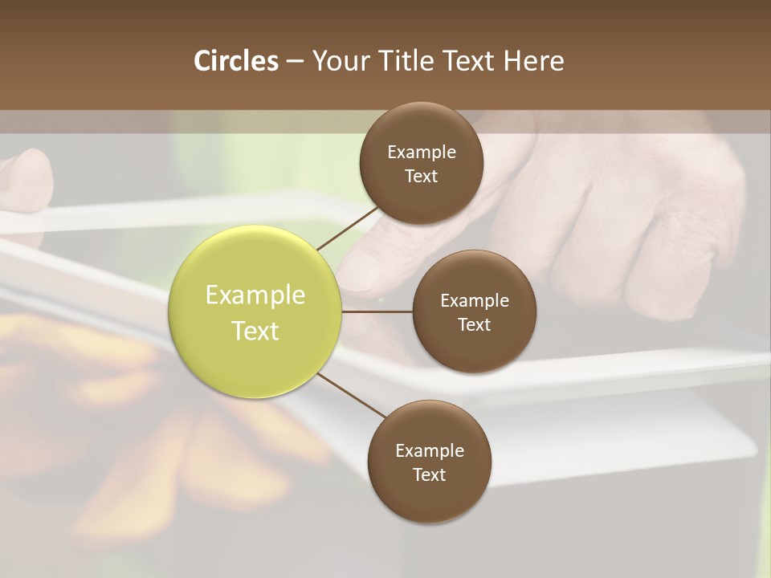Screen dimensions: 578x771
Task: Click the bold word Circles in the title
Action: [x=236, y=61]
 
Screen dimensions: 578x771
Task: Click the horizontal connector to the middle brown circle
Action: [x=377, y=311]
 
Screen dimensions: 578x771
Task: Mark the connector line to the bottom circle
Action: [x=352, y=396]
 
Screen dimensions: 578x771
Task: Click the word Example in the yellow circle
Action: [x=255, y=295]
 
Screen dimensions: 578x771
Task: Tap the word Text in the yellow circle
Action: [x=255, y=331]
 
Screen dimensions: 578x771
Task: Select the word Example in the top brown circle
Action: [x=422, y=153]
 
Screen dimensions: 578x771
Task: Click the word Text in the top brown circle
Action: [x=422, y=177]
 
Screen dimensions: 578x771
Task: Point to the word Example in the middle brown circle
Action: [x=474, y=301]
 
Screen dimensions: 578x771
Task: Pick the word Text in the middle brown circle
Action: [x=474, y=325]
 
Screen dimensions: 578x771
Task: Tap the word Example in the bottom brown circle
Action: [x=429, y=451]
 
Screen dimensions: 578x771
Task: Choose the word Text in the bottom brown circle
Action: [x=429, y=475]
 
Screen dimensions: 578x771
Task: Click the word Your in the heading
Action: [x=338, y=61]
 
